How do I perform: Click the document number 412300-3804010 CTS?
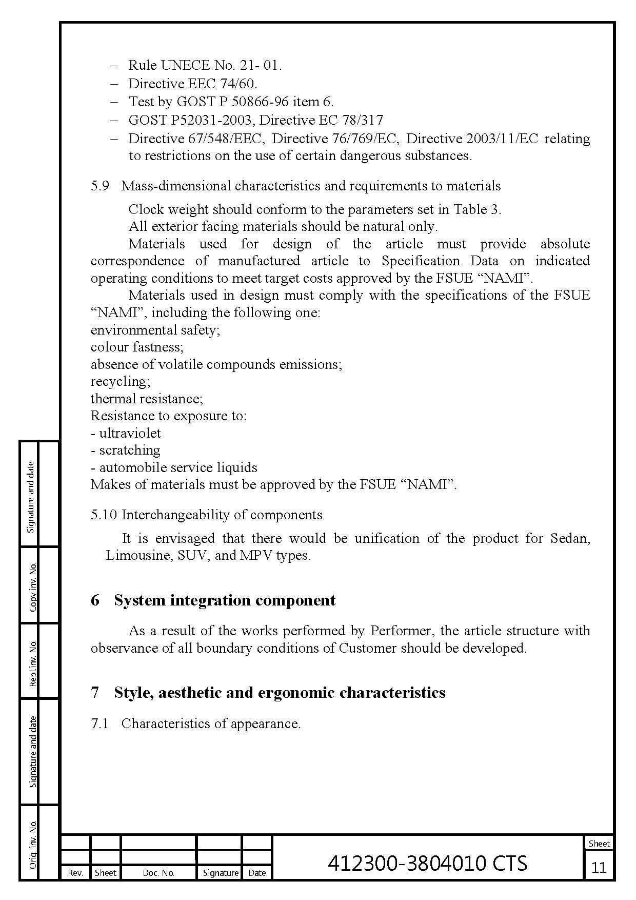(x=427, y=863)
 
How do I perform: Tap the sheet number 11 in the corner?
(x=599, y=867)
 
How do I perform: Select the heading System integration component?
(x=225, y=600)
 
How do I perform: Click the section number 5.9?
(x=100, y=186)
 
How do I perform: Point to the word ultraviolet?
(x=130, y=433)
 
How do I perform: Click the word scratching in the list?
(x=129, y=450)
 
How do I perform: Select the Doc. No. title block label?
(x=158, y=873)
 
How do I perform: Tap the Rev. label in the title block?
(x=75, y=873)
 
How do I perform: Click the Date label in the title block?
(x=257, y=873)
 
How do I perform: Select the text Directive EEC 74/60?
(x=192, y=83)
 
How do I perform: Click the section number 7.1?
(x=100, y=723)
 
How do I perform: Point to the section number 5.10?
(x=104, y=515)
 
